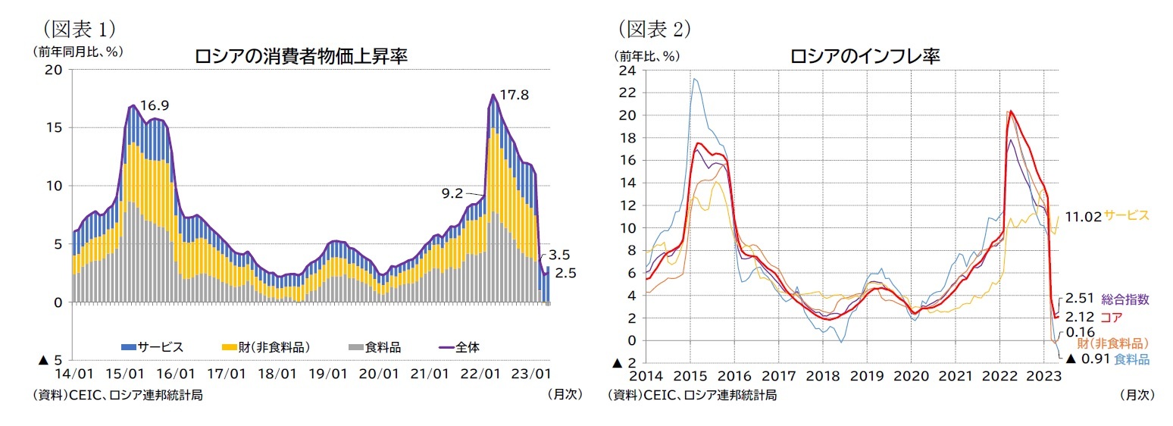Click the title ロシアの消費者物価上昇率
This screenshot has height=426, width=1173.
(302, 57)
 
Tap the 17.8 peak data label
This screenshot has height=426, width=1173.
(514, 96)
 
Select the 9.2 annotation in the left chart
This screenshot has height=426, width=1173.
(452, 194)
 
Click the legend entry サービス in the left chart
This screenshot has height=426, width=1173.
(152, 347)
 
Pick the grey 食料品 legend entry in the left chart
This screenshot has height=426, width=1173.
(374, 347)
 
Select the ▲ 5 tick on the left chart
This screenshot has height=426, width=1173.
(49, 360)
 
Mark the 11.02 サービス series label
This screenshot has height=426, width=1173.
(1106, 215)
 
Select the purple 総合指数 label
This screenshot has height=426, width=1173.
(1125, 299)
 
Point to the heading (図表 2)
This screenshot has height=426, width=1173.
(653, 29)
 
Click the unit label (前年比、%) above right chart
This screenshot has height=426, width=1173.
(649, 55)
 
